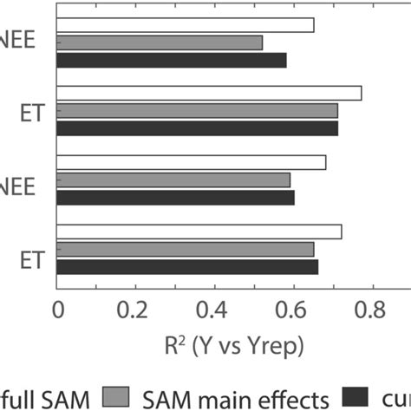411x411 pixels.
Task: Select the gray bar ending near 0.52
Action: coord(160,42)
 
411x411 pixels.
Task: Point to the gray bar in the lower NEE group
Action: coord(173,179)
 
